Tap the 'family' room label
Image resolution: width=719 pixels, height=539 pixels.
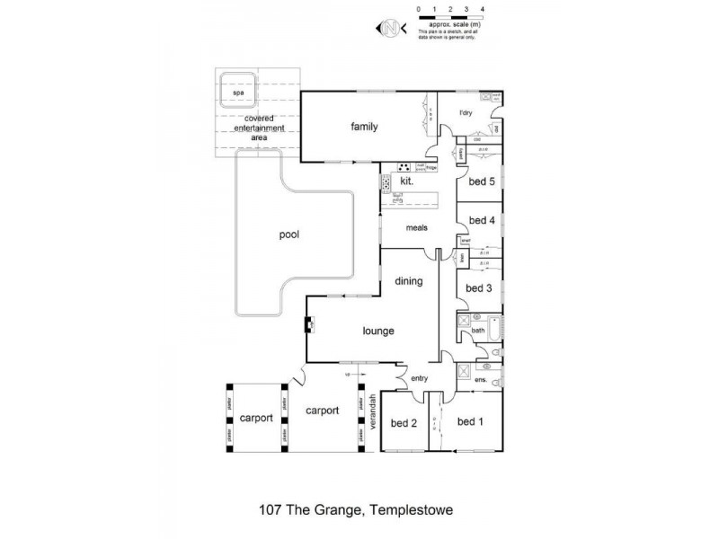click(364, 127)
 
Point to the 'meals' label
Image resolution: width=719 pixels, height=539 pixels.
click(416, 227)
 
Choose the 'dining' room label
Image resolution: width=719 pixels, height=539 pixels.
click(408, 281)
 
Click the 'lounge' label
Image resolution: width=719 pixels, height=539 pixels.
click(378, 331)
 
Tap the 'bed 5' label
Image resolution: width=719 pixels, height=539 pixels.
click(482, 181)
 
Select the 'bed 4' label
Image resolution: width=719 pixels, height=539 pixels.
click(482, 220)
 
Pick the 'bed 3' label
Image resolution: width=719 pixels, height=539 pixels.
click(478, 288)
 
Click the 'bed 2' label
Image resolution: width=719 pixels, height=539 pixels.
click(402, 422)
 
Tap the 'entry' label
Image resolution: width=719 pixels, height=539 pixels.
click(420, 378)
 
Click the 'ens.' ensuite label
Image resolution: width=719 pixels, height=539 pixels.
click(480, 381)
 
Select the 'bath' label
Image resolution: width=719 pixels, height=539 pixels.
click(479, 331)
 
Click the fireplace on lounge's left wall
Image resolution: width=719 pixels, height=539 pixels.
click(308, 325)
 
